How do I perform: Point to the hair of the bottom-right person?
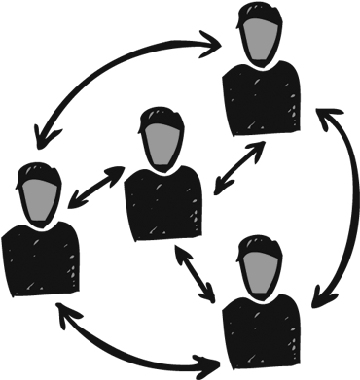(260, 244)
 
